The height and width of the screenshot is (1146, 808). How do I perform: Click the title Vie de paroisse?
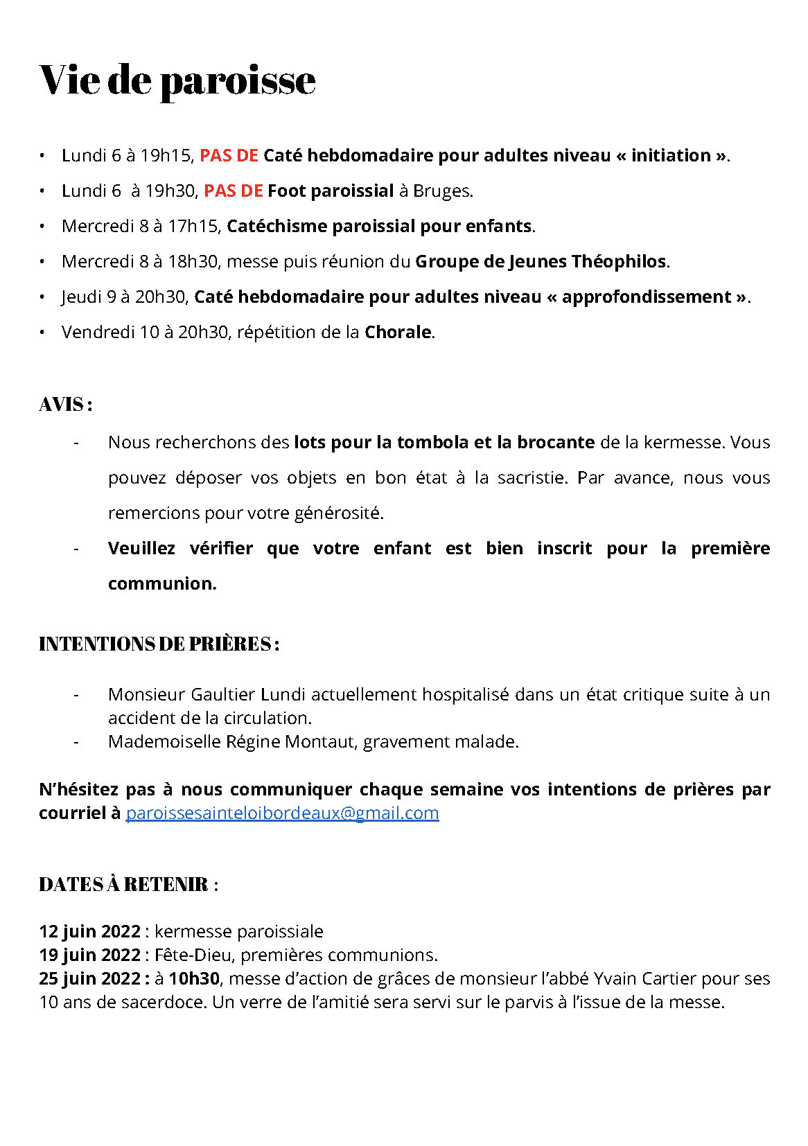(x=177, y=80)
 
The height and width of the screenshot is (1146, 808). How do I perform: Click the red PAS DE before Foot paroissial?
(x=233, y=191)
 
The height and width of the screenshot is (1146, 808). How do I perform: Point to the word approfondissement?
(x=646, y=297)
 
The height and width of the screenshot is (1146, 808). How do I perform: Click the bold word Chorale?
(x=398, y=332)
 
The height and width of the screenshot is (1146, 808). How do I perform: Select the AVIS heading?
(x=65, y=404)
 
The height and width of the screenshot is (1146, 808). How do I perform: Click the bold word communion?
(x=161, y=583)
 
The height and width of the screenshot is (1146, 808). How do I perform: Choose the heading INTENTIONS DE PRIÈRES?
(x=159, y=644)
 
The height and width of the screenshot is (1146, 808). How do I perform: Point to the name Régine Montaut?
(x=290, y=741)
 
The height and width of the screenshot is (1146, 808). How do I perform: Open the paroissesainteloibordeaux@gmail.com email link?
(x=282, y=813)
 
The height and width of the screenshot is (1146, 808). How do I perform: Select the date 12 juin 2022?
(x=90, y=931)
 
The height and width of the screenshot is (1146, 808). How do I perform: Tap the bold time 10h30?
(x=194, y=978)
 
